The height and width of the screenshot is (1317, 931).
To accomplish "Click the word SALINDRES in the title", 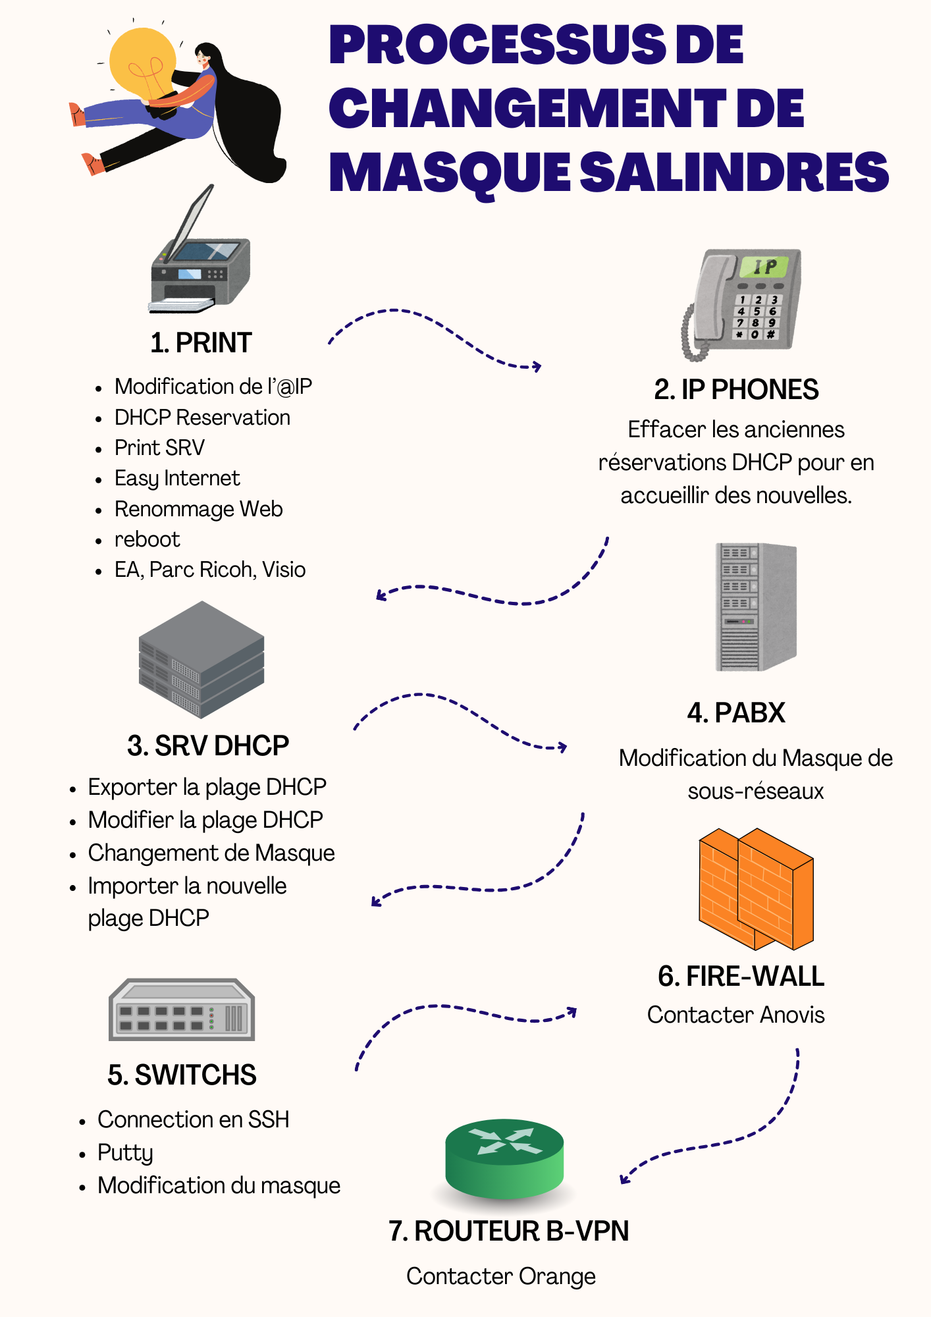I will (733, 172).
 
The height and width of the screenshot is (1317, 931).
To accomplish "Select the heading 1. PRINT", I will (201, 343).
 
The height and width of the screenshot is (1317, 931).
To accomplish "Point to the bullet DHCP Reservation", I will (202, 417).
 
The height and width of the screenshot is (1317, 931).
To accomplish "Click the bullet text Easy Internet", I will (177, 478).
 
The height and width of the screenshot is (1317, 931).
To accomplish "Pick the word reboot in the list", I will (147, 539).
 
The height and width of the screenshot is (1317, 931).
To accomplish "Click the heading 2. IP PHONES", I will (736, 390).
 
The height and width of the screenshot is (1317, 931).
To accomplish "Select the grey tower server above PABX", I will (756, 606).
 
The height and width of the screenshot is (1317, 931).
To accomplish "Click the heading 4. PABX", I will (736, 713).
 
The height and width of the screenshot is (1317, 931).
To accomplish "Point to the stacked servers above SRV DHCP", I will (201, 659).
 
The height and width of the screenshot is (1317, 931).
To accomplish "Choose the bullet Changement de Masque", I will (211, 853).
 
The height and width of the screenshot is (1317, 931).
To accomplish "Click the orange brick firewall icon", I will (756, 889).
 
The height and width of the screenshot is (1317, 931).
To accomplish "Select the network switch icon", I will (182, 1009).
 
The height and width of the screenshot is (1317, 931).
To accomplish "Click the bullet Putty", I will (125, 1152).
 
